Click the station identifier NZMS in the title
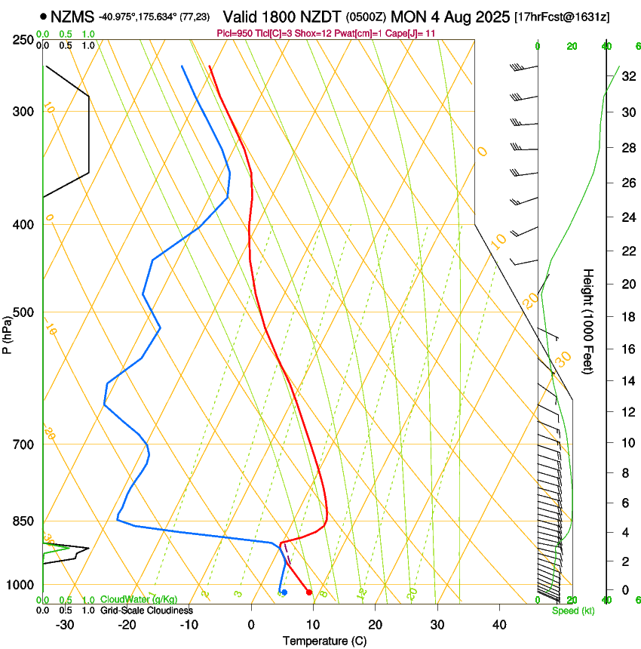[x=72, y=16]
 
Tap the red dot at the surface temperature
[x=309, y=592]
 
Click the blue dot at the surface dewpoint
[x=284, y=592]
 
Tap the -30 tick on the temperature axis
[x=65, y=625]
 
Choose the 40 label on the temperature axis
[x=498, y=625]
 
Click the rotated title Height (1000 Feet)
[x=588, y=321]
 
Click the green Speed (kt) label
[x=572, y=611]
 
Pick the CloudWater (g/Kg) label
[x=139, y=600]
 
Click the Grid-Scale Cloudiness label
[x=146, y=610]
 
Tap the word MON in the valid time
[x=407, y=16]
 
